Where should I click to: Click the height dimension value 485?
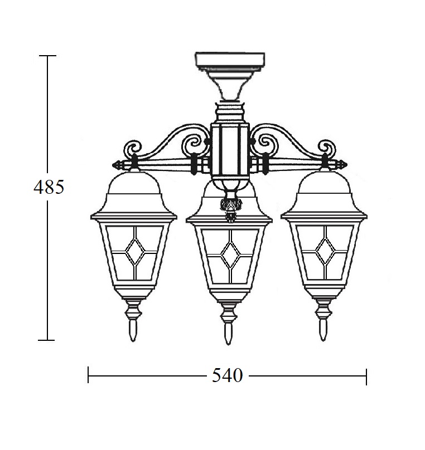49,187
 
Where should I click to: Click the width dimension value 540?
228,375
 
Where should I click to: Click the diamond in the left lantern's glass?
134,252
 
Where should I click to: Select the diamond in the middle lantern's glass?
230,255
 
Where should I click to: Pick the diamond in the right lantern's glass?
325,252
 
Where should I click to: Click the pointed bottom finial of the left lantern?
133,330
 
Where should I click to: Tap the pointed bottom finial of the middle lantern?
228,334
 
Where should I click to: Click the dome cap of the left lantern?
134,182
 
